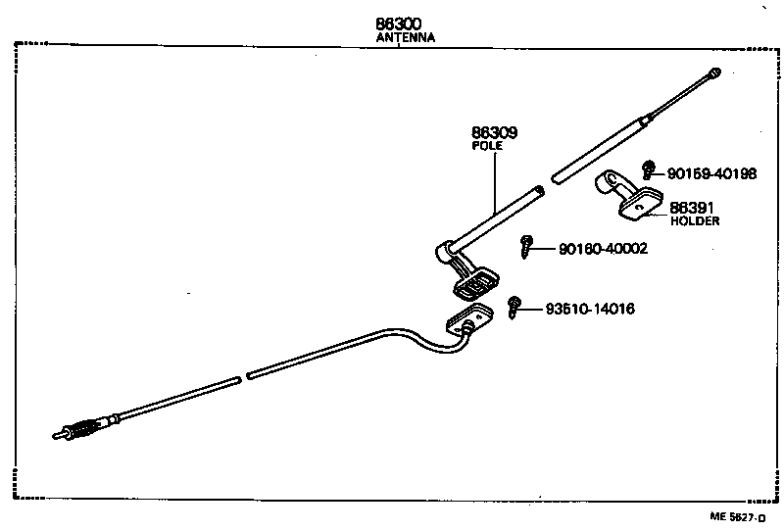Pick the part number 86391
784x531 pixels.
(691, 208)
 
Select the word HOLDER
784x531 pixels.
(695, 221)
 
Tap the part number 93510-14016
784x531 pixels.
(590, 309)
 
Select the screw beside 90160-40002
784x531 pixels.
(527, 245)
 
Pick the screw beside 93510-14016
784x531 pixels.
(515, 307)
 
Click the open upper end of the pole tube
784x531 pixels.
(539, 190)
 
